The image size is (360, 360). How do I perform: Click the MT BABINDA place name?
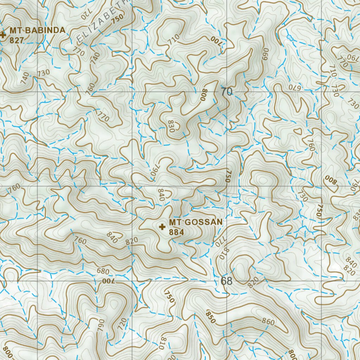pyautogui.click(x=37, y=30)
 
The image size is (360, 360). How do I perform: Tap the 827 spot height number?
pyautogui.click(x=17, y=40)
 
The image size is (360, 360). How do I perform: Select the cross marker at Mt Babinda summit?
pyautogui.click(x=3, y=34)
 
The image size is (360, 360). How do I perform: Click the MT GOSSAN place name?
pyautogui.click(x=195, y=222)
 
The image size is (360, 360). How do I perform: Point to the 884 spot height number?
pyautogui.click(x=176, y=232)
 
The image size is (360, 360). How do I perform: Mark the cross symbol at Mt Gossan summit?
pyautogui.click(x=162, y=227)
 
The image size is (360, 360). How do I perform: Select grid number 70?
pyautogui.click(x=227, y=92)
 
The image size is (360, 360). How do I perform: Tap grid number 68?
pyautogui.click(x=227, y=281)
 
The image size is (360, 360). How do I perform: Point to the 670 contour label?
pyautogui.click(x=295, y=86)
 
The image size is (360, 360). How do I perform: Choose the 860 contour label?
pyautogui.click(x=268, y=321)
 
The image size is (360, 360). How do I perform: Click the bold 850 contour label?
pyautogui.click(x=211, y=317)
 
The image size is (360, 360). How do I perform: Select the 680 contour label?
pyautogui.click(x=103, y=271)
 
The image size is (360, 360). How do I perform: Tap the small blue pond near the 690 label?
pyautogui.click(x=289, y=37)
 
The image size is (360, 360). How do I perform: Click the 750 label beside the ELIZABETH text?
pyautogui.click(x=118, y=19)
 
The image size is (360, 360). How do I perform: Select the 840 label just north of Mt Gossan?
pyautogui.click(x=162, y=195)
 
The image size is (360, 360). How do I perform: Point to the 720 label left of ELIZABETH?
pyautogui.click(x=86, y=14)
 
